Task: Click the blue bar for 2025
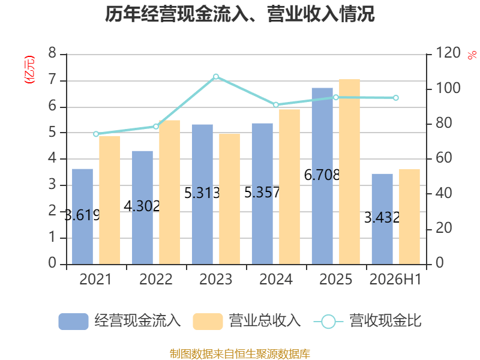(x=322, y=176)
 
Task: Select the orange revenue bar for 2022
(x=170, y=192)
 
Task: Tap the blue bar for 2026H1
(x=382, y=219)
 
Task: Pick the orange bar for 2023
(x=230, y=199)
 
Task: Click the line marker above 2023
(x=216, y=77)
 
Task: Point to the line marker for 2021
(x=96, y=134)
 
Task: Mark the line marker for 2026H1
(x=396, y=98)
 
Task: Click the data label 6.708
(x=322, y=175)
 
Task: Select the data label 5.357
(x=262, y=193)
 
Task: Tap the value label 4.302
(x=142, y=206)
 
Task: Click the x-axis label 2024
(x=276, y=279)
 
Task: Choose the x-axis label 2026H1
(x=395, y=279)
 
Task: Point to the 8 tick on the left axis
(x=52, y=53)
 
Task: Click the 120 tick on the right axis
(x=448, y=53)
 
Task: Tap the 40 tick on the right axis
(x=443, y=193)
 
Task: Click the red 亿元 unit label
(x=29, y=70)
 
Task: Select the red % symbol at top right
(x=472, y=55)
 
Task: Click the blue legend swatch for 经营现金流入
(x=73, y=322)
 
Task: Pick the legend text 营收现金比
(x=385, y=321)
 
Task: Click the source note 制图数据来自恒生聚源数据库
(x=240, y=354)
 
